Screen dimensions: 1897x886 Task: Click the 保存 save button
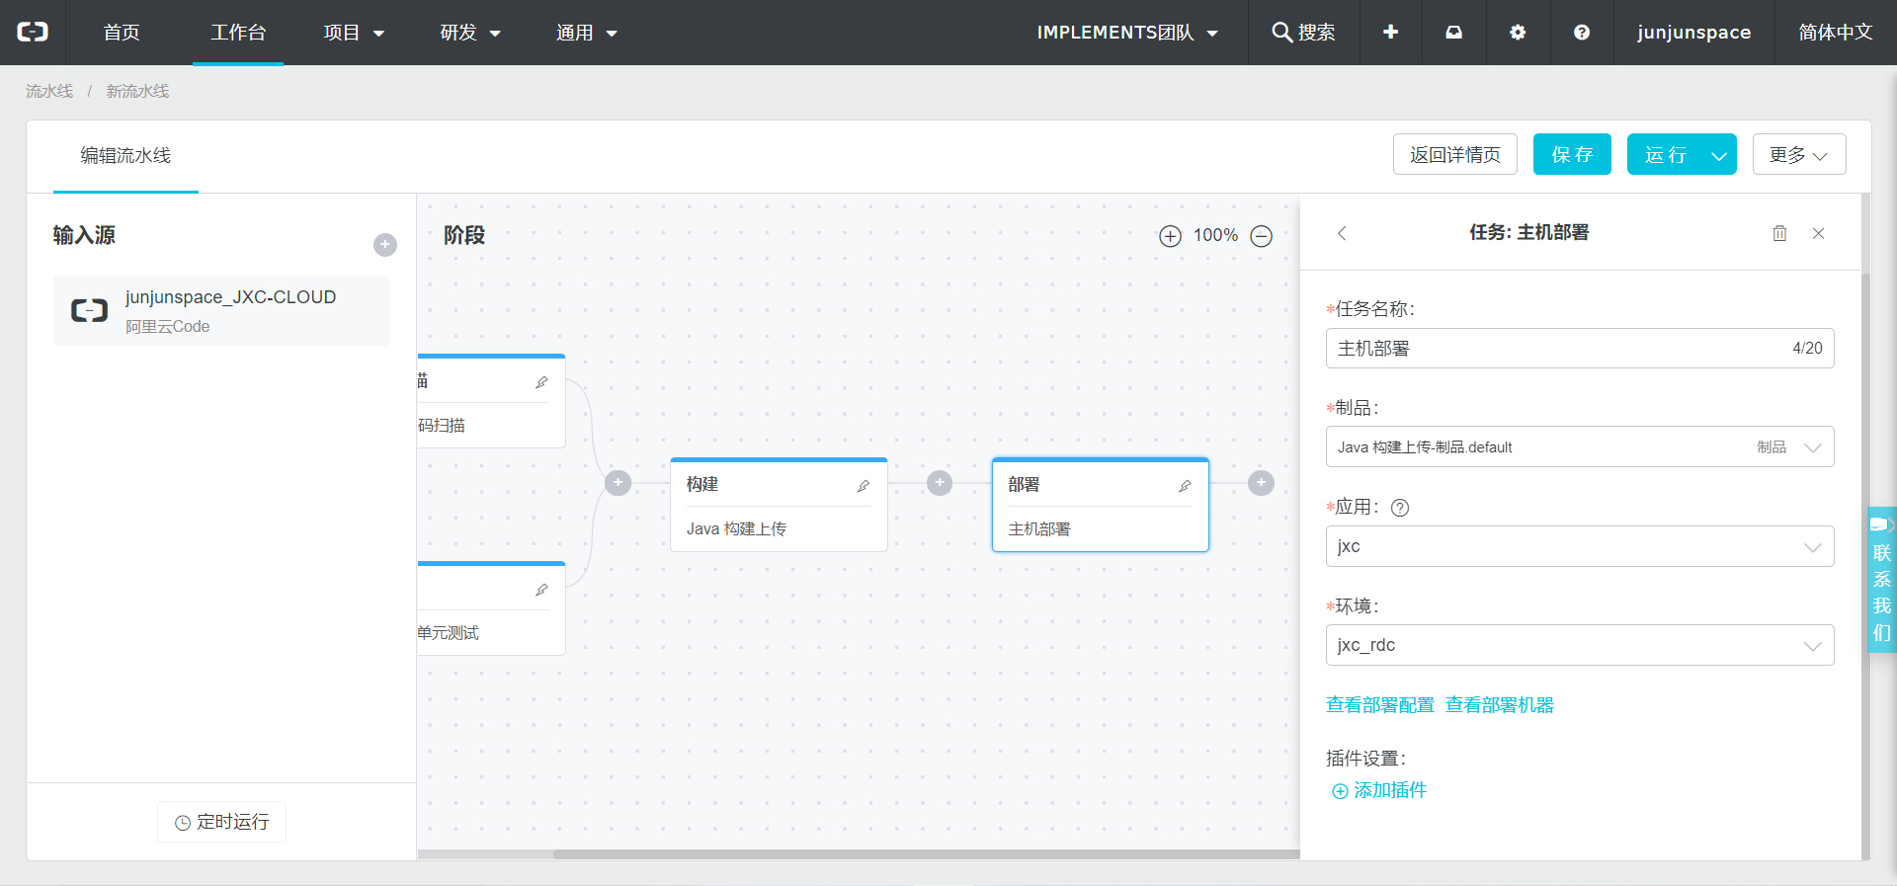pyautogui.click(x=1572, y=154)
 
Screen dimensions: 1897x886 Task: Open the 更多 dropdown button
pyautogui.click(x=1799, y=154)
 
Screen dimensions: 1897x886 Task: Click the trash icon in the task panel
pyautogui.click(x=1779, y=233)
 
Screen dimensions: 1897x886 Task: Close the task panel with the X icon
pyautogui.click(x=1818, y=233)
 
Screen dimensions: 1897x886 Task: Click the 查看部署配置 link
pyautogui.click(x=1380, y=705)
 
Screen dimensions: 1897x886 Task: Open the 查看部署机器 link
pyautogui.click(x=1500, y=705)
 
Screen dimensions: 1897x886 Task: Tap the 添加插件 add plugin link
pyautogui.click(x=1379, y=790)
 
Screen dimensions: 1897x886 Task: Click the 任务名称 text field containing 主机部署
pyautogui.click(x=1580, y=348)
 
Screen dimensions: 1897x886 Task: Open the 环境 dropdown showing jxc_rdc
pyautogui.click(x=1580, y=645)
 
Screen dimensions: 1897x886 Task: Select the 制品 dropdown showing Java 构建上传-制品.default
pyautogui.click(x=1580, y=446)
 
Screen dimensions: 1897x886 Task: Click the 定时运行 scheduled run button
pyautogui.click(x=222, y=822)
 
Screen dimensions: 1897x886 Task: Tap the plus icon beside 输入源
pyautogui.click(x=385, y=245)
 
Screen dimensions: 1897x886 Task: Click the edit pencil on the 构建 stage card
pyautogui.click(x=864, y=486)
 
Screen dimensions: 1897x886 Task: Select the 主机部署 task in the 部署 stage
pyautogui.click(x=1039, y=529)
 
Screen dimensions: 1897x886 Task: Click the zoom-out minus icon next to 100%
pyautogui.click(x=1262, y=236)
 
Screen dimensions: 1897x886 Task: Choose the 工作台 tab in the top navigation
pyautogui.click(x=238, y=33)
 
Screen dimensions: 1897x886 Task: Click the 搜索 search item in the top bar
pyautogui.click(x=1304, y=33)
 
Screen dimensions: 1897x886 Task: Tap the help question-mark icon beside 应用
pyautogui.click(x=1400, y=508)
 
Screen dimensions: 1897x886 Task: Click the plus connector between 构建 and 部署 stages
pyautogui.click(x=940, y=483)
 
